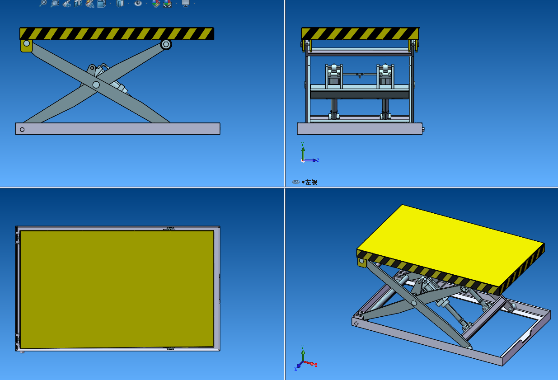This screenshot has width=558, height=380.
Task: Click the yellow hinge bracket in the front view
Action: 26,45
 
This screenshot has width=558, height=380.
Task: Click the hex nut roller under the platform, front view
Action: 166,44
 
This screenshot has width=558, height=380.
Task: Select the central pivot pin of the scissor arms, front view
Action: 96,84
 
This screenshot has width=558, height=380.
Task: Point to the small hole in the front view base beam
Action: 22,130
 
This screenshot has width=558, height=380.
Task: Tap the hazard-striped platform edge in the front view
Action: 117,33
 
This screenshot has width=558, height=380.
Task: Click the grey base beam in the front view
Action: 117,129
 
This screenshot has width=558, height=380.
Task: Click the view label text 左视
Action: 311,182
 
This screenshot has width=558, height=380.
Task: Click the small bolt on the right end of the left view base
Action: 423,130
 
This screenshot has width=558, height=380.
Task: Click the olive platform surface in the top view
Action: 117,289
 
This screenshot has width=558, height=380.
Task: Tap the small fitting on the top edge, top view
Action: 170,229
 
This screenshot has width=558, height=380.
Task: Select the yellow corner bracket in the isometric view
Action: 361,262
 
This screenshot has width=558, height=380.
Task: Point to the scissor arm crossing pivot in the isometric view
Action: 414,302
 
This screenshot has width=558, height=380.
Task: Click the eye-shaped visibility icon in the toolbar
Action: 138,4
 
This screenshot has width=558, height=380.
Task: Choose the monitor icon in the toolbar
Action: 185,4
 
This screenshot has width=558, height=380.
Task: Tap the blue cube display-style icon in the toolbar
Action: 120,4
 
